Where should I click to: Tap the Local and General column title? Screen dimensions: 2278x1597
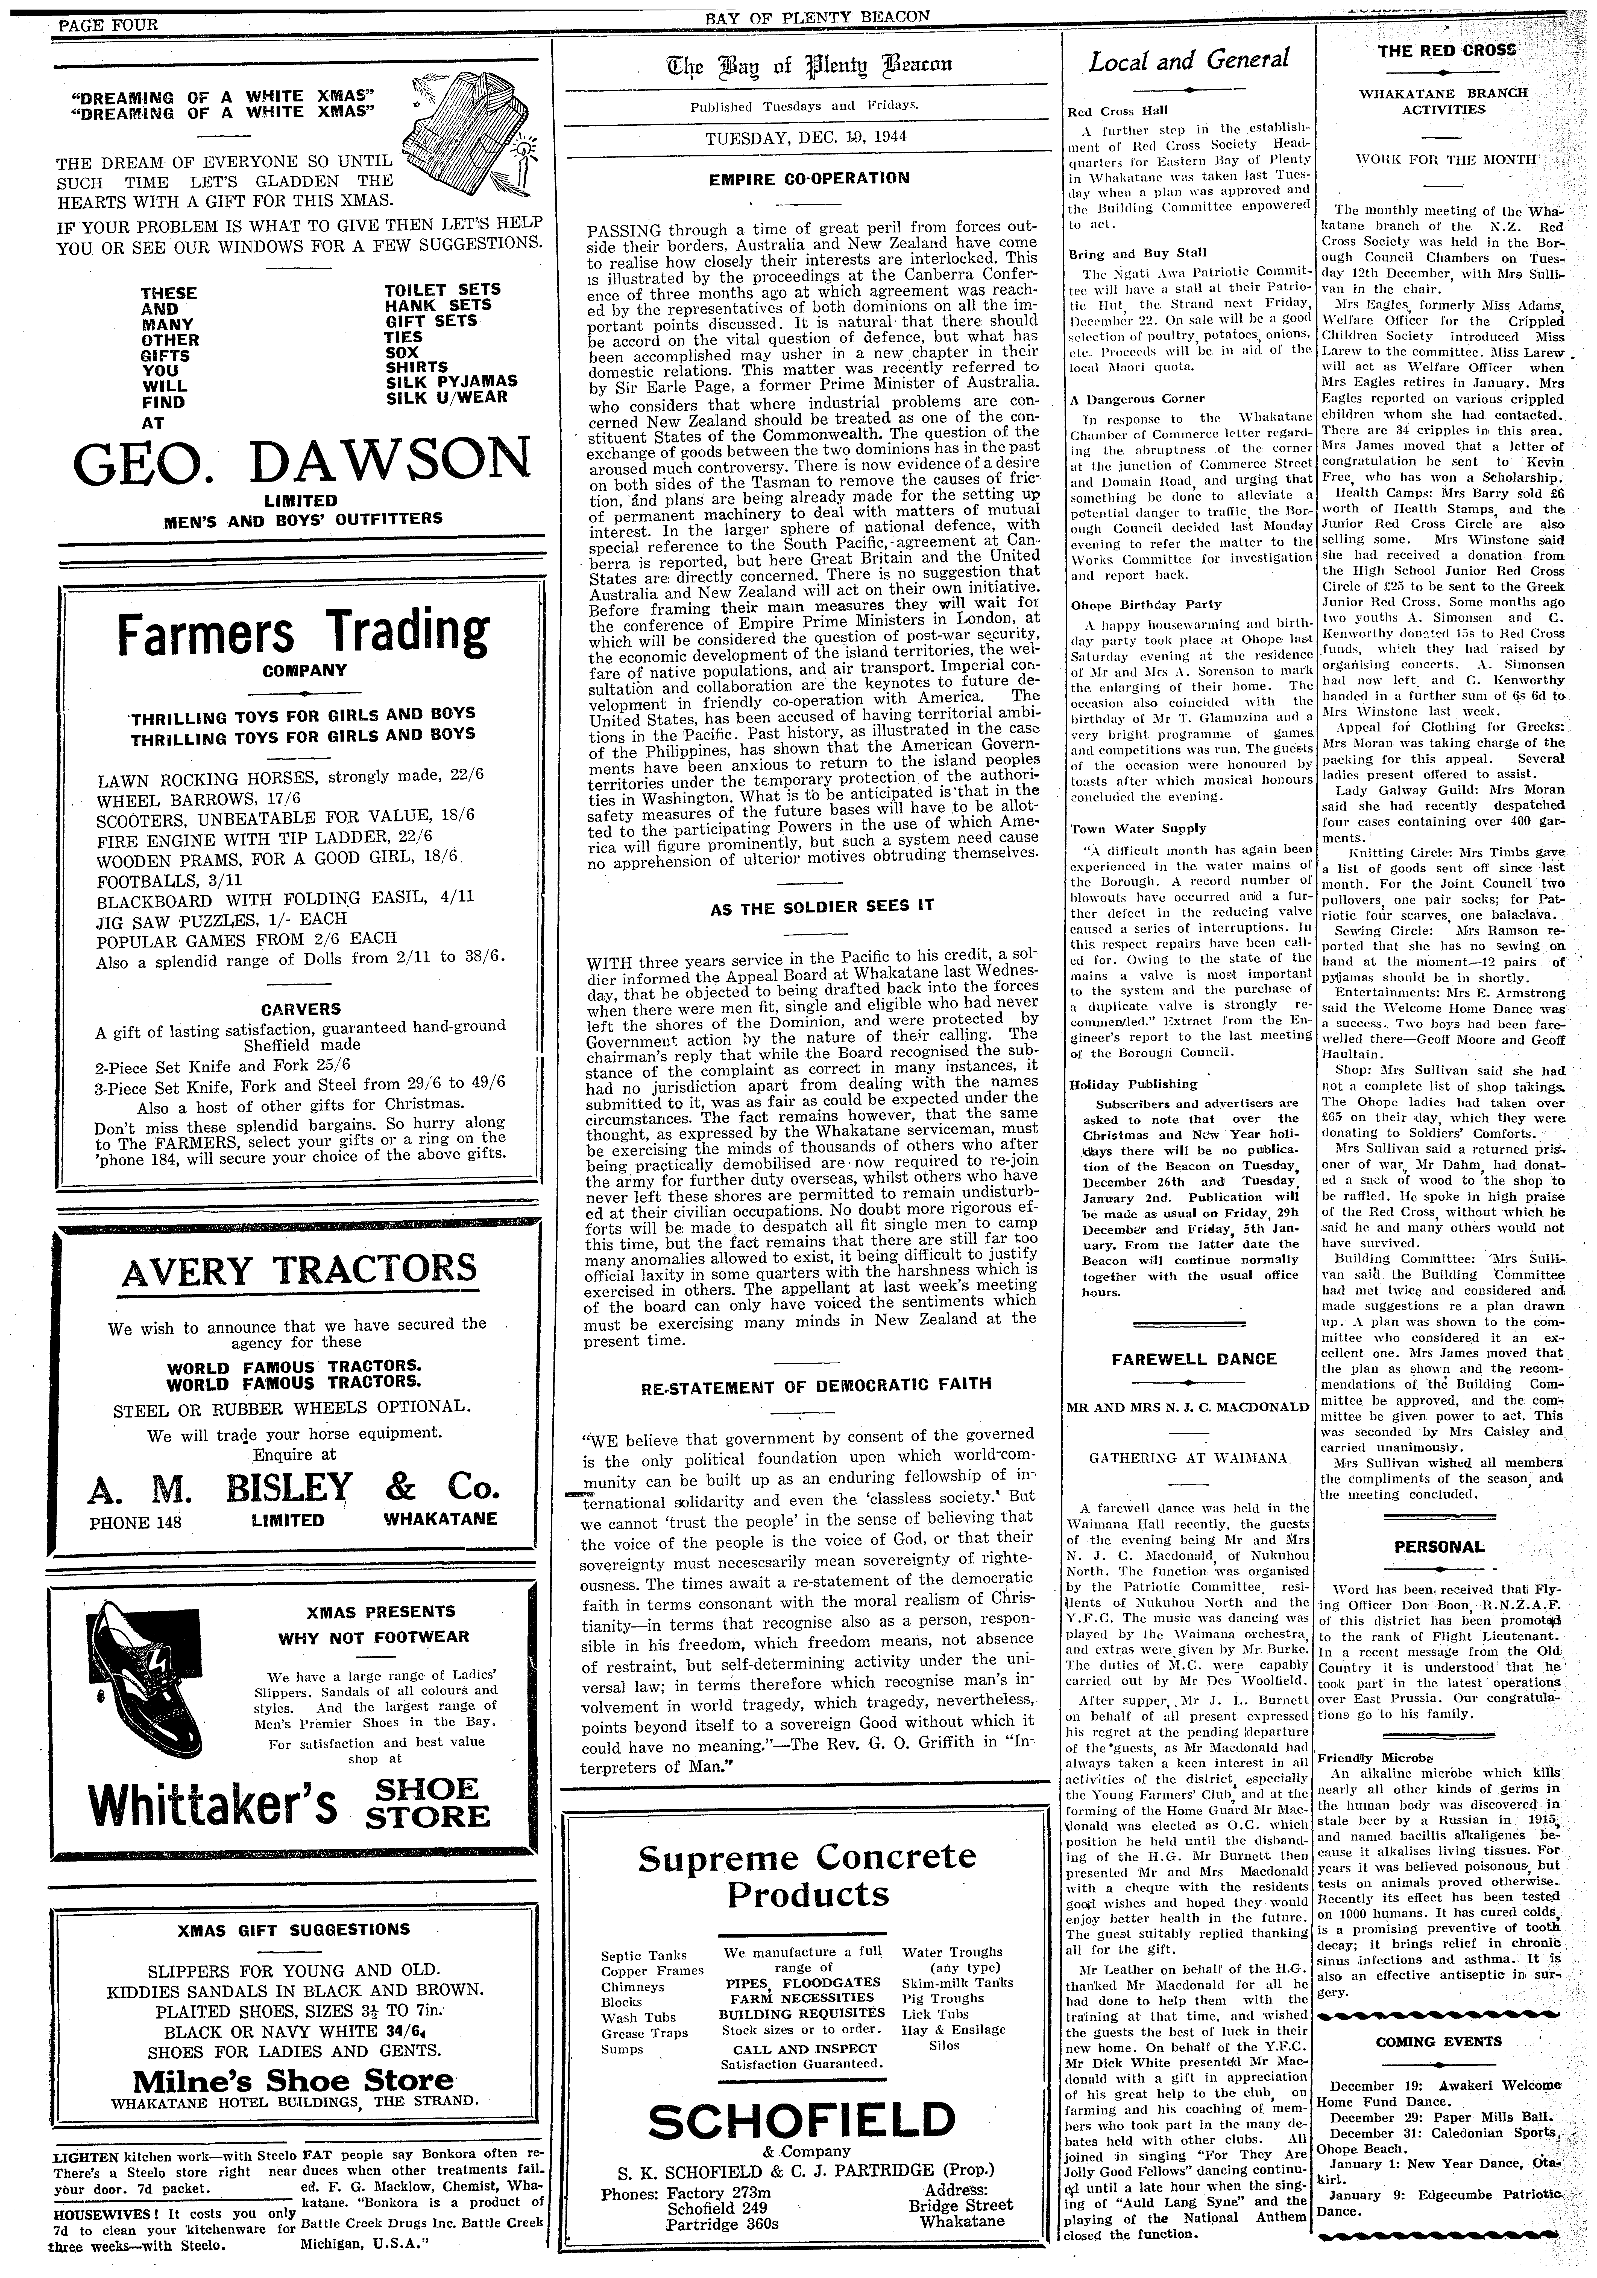[x=1188, y=62]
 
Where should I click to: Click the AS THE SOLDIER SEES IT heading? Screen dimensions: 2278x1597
[x=808, y=906]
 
